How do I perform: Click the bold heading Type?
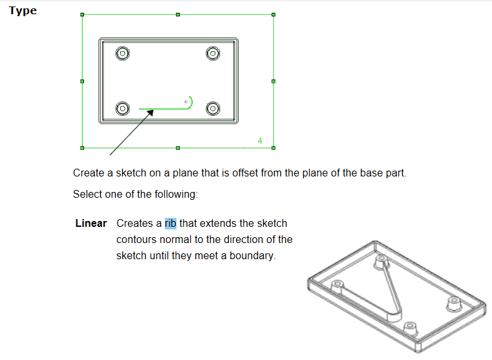tap(23, 11)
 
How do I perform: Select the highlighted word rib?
tap(171, 223)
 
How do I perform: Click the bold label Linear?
tap(91, 223)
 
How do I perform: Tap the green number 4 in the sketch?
tap(260, 140)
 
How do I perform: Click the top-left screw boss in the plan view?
tap(123, 53)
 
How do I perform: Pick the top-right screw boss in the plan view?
tap(213, 53)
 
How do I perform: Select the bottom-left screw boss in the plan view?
tap(123, 109)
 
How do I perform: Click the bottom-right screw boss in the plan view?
tap(213, 109)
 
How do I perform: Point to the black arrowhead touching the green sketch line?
tap(150, 112)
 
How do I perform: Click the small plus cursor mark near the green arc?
tap(186, 101)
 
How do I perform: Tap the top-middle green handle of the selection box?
tap(178, 15)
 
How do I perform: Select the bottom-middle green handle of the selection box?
tap(178, 148)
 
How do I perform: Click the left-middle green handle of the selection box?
tap(82, 81)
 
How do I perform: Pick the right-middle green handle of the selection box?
tap(273, 81)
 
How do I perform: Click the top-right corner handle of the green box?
tap(273, 15)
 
